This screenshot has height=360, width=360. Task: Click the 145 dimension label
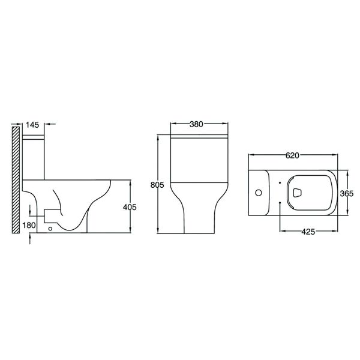[x=32, y=125]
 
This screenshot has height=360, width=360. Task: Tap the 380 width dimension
[x=197, y=124]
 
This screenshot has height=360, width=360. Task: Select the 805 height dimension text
[x=157, y=185]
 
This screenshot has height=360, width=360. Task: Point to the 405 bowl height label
[x=130, y=207]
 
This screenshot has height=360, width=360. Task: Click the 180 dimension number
[x=29, y=225]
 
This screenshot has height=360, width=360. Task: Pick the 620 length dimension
[x=293, y=155]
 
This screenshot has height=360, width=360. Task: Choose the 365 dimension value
[x=347, y=194]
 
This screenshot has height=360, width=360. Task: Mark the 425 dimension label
[x=308, y=232]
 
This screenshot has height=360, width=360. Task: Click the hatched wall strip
[x=16, y=180]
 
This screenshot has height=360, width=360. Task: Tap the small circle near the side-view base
[x=50, y=229]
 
